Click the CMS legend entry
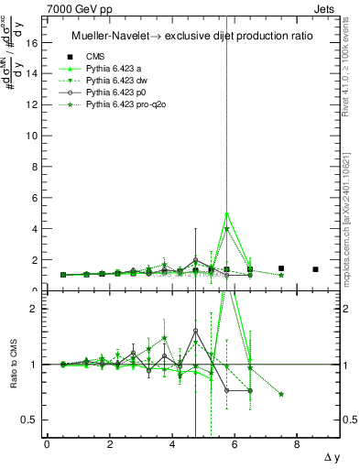(x=96, y=56)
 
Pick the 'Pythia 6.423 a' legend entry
(x=115, y=69)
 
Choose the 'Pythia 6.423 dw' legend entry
(x=118, y=82)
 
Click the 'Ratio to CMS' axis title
(x=12, y=365)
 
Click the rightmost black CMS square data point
(x=315, y=269)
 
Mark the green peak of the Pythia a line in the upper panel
(x=226, y=213)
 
